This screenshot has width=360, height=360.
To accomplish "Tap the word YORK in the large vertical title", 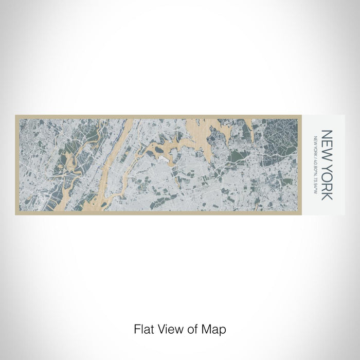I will point(327,179).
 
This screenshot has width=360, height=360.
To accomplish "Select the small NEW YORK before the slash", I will point(315,145).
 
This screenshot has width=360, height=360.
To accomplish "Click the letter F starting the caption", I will point(136,328).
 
